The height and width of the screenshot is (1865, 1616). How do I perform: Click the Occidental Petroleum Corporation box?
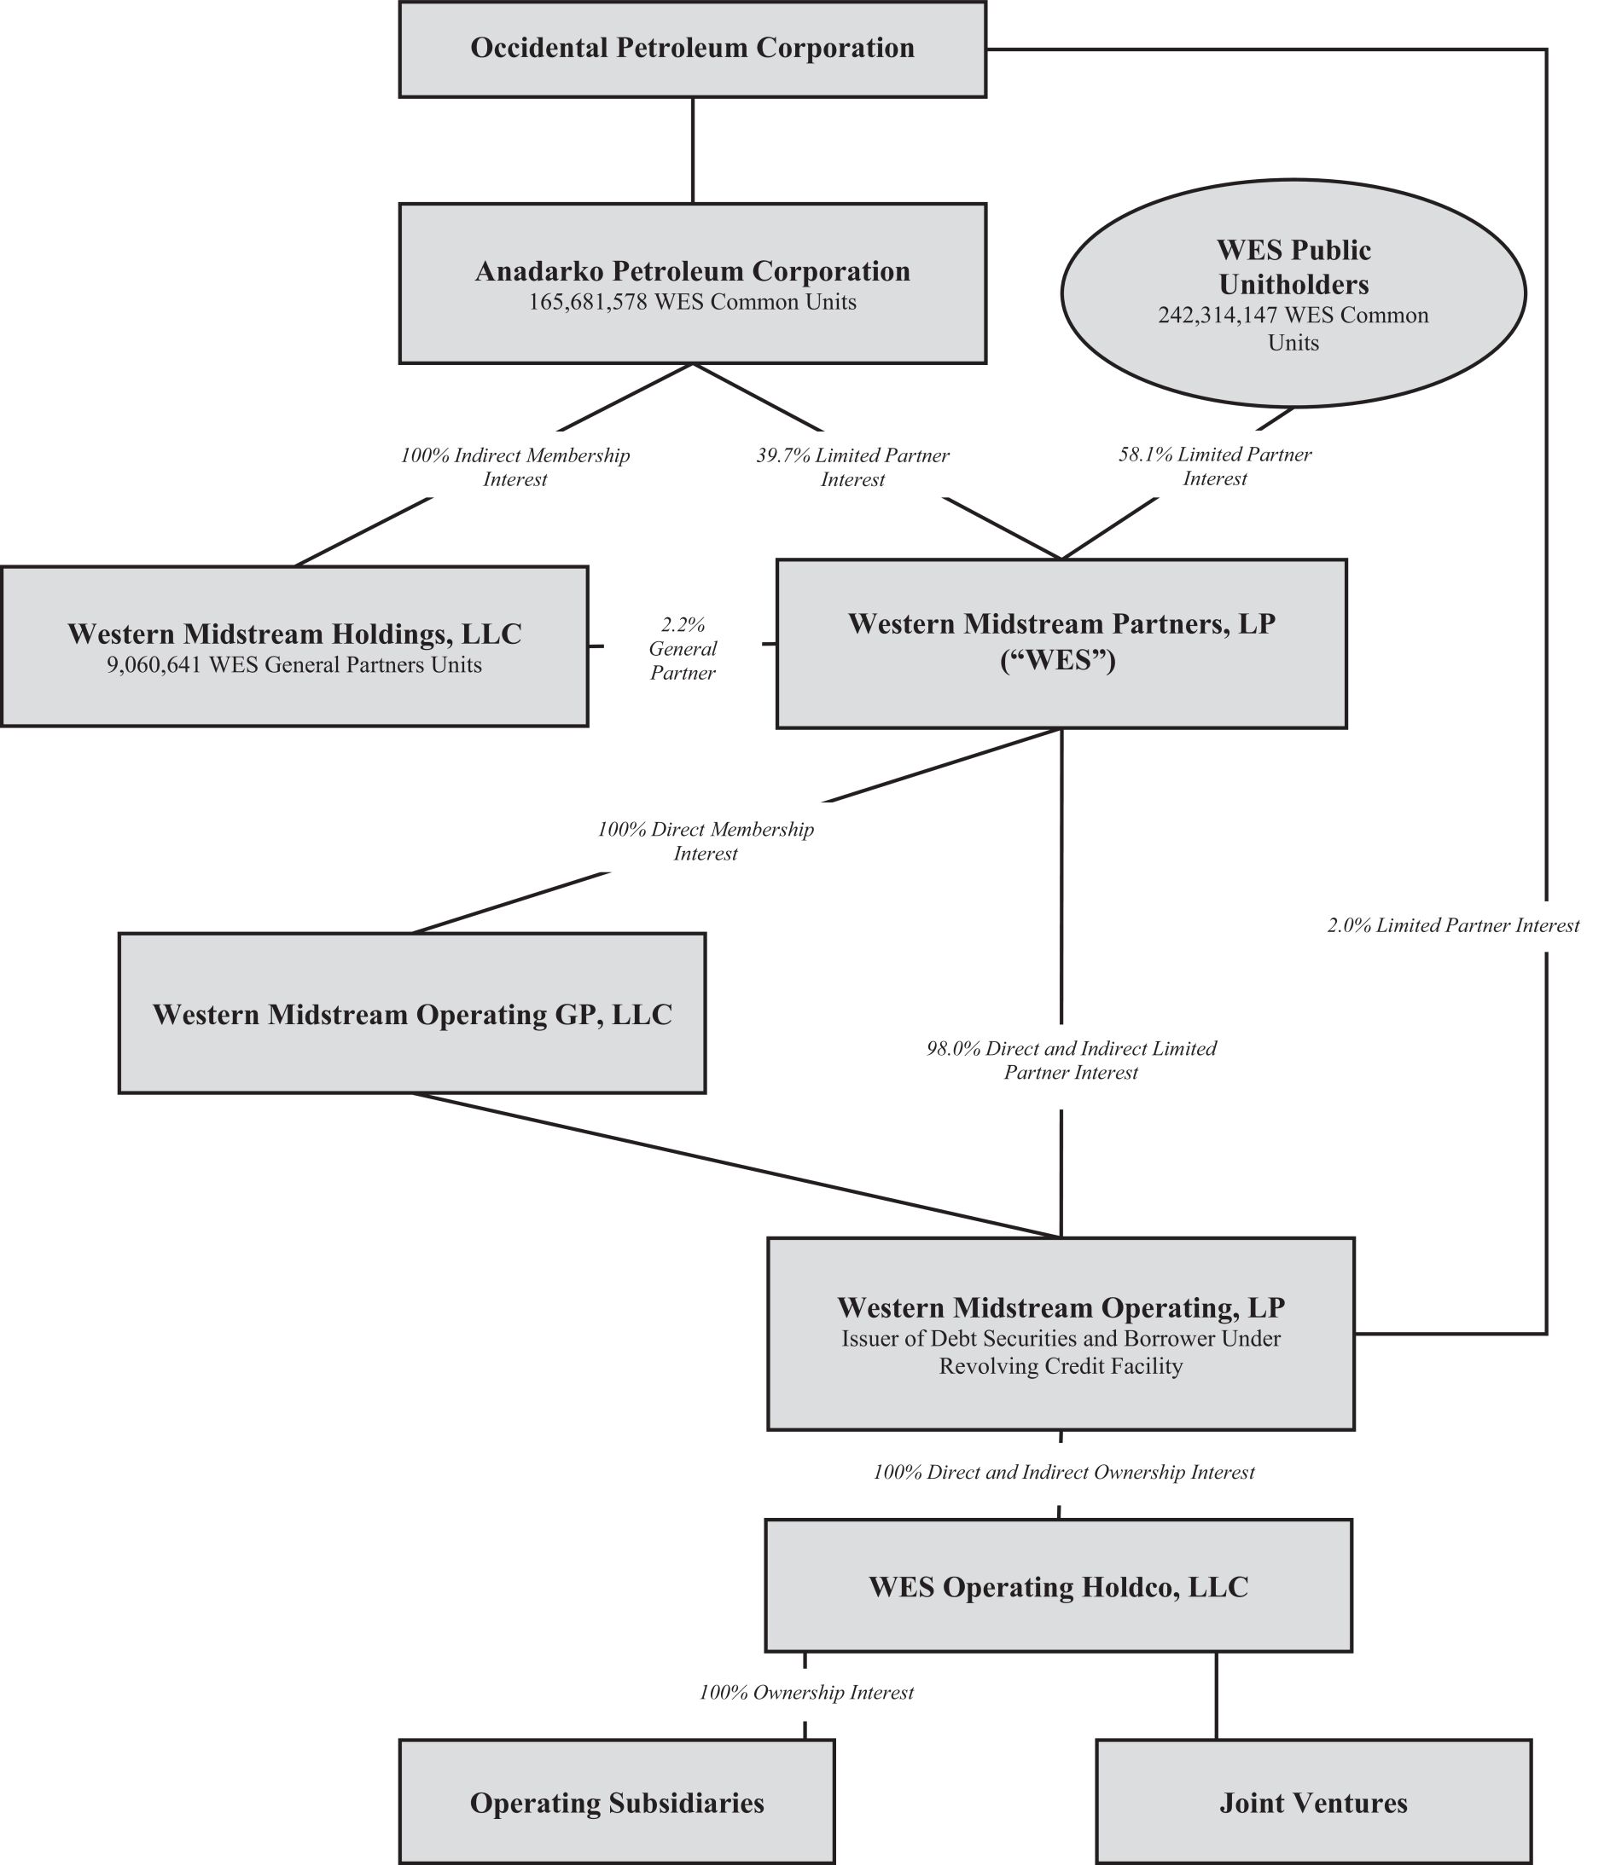point(693,49)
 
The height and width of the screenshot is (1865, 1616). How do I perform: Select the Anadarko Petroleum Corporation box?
point(693,283)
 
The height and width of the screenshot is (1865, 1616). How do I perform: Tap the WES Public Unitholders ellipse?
point(1293,293)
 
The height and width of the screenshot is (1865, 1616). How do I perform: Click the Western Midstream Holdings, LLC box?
point(294,646)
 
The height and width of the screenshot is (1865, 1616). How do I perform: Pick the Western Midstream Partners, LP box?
point(1061,644)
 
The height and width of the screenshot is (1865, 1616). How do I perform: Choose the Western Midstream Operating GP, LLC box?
point(412,1013)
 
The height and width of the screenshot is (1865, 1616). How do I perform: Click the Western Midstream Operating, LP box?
point(1061,1334)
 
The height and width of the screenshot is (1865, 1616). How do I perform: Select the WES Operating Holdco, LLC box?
point(1058,1586)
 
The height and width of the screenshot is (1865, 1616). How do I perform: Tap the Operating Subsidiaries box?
point(617,1802)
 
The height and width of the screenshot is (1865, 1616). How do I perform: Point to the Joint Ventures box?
point(1313,1802)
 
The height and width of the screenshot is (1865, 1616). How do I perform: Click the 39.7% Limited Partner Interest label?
point(852,467)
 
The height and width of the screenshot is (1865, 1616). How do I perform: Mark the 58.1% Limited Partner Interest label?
point(1215,466)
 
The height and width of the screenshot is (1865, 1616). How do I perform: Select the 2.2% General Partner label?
point(683,648)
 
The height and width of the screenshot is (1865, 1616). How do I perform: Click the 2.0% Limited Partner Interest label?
point(1453,926)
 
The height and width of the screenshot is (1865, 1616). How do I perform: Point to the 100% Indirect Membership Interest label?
point(515,467)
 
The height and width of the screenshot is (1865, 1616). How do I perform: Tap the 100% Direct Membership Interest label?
point(706,841)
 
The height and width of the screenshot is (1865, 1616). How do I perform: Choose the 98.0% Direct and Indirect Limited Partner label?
point(1072,1060)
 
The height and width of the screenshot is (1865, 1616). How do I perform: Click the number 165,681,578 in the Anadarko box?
point(588,302)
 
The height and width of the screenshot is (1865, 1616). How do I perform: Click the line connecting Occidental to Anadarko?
point(693,149)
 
